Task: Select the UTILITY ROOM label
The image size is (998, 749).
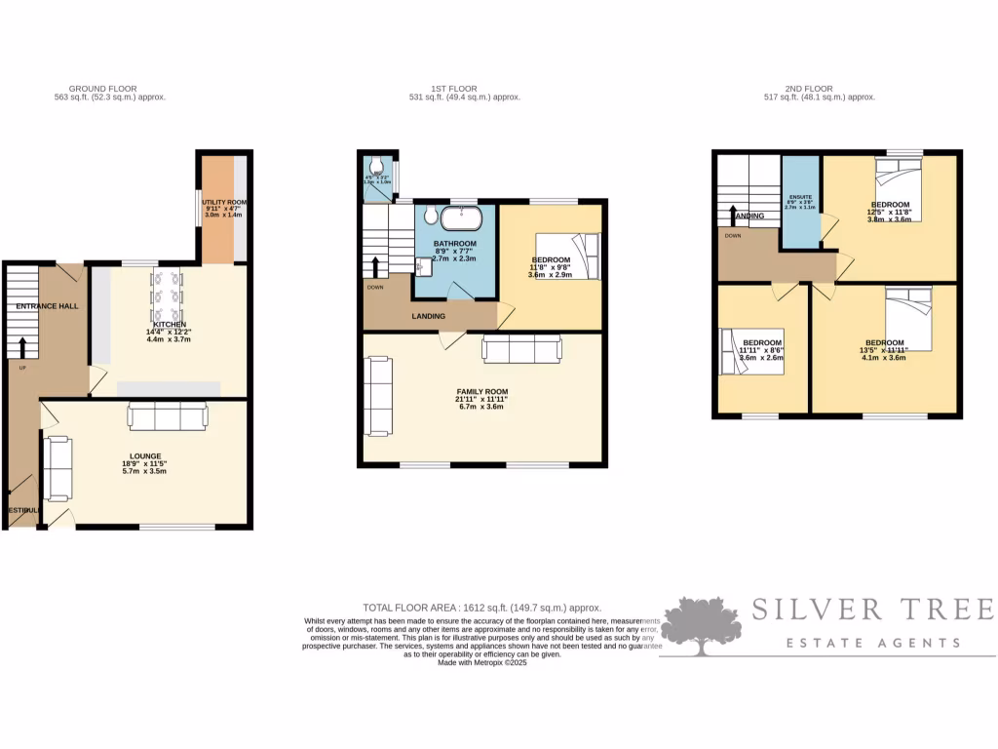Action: click(224, 201)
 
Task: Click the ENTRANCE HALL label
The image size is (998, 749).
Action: click(47, 306)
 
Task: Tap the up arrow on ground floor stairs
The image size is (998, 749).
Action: click(22, 346)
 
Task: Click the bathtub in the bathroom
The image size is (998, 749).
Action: click(454, 217)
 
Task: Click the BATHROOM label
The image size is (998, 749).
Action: click(454, 243)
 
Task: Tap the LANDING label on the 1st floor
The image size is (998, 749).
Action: click(428, 316)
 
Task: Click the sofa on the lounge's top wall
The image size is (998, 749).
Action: click(167, 417)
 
